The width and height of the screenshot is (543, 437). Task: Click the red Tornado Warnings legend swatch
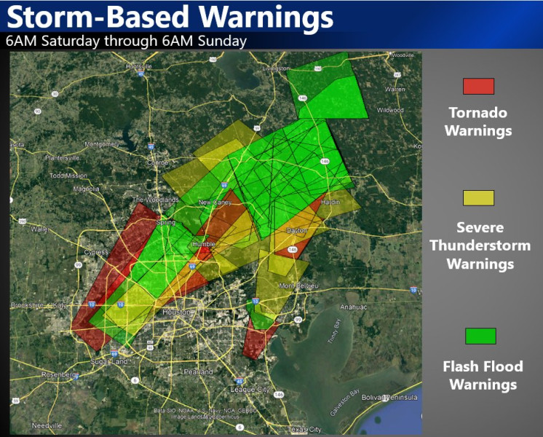[478, 86]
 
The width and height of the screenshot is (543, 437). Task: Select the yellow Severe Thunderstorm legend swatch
[478, 197]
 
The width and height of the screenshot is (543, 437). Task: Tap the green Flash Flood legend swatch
[480, 336]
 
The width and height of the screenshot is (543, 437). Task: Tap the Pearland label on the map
[198, 371]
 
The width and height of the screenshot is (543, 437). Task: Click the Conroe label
[159, 162]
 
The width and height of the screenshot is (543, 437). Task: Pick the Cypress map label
[95, 253]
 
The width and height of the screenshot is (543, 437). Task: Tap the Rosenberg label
[59, 374]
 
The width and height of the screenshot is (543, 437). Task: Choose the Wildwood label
[390, 110]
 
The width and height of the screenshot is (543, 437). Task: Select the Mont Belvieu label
[298, 285]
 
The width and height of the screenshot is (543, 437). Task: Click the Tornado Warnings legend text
[477, 122]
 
